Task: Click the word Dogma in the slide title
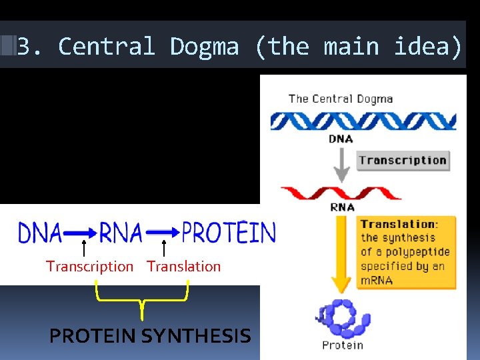[204, 47]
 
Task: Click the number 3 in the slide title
[24, 47]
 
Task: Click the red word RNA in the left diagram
[121, 233]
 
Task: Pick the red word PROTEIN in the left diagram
[229, 233]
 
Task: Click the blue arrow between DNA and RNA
[81, 233]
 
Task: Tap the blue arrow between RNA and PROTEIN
[163, 233]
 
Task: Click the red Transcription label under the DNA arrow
[89, 267]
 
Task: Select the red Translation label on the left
[183, 267]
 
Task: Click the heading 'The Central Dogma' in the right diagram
[341, 99]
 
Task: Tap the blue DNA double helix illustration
[363, 121]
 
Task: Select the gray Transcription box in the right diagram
[403, 160]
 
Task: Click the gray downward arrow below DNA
[341, 165]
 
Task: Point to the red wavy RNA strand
[341, 193]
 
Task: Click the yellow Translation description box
[406, 251]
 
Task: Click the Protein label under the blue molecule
[343, 345]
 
